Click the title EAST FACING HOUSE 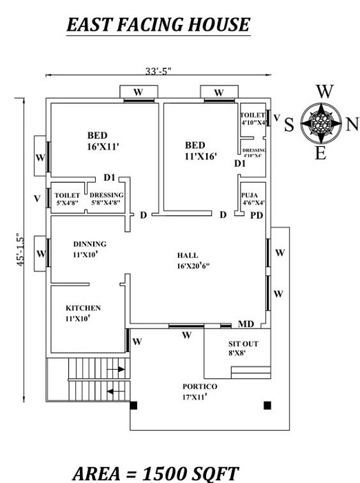tap(157, 26)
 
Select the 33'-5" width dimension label tap(159, 70)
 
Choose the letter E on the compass tap(320, 154)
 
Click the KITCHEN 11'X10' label tap(83, 313)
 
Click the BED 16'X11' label tap(100, 140)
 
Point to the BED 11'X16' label tap(201, 150)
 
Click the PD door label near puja tap(256, 215)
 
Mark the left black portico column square tap(134, 406)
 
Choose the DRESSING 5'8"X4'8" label tap(106, 199)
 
